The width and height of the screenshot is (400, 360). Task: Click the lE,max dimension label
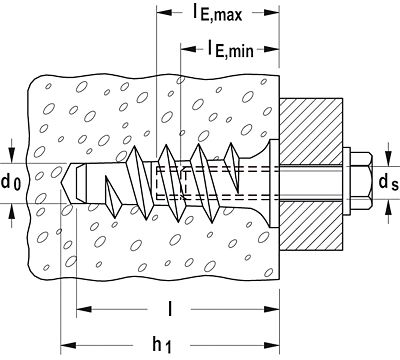coord(216,13)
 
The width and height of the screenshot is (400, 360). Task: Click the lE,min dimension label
coord(230,49)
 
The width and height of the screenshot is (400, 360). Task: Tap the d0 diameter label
coord(11,183)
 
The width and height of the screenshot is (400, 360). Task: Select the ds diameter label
coord(389,183)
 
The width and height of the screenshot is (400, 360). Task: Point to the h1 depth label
coord(163,346)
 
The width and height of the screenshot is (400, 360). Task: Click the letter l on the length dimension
coord(170,309)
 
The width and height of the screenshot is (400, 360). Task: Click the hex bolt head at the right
coord(361,182)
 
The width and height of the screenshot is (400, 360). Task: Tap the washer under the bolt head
coord(346,182)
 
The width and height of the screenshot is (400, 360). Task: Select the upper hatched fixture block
coord(311,131)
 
